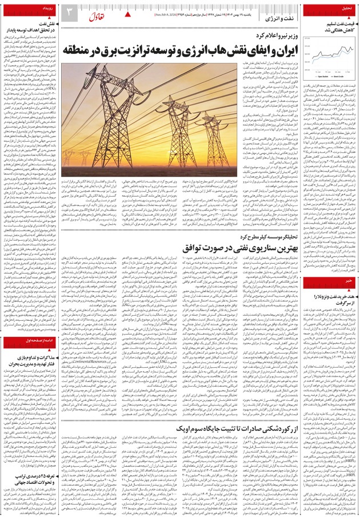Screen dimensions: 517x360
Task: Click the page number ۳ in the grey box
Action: tap(68, 12)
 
